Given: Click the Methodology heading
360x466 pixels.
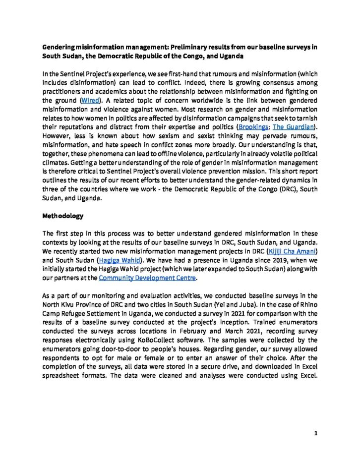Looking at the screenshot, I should point(63,217).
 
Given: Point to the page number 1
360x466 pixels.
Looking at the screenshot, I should point(315,433).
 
